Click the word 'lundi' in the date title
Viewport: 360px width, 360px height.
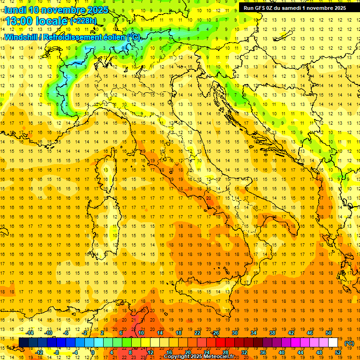(15, 9)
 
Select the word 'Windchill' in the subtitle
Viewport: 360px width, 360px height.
(20, 37)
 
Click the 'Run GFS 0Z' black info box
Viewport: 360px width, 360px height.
(295, 7)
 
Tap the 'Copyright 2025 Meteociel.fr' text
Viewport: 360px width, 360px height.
(199, 357)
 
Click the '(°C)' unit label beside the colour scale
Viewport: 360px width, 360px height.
(349, 343)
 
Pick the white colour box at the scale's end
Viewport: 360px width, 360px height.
(333, 343)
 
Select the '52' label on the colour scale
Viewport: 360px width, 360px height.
(338, 352)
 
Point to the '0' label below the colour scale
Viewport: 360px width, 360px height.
(92, 352)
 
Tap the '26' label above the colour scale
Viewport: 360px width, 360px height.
(216, 333)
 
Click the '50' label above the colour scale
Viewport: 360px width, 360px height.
(329, 333)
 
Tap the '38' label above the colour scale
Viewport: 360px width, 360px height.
(272, 333)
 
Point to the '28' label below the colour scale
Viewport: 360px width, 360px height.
(225, 352)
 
